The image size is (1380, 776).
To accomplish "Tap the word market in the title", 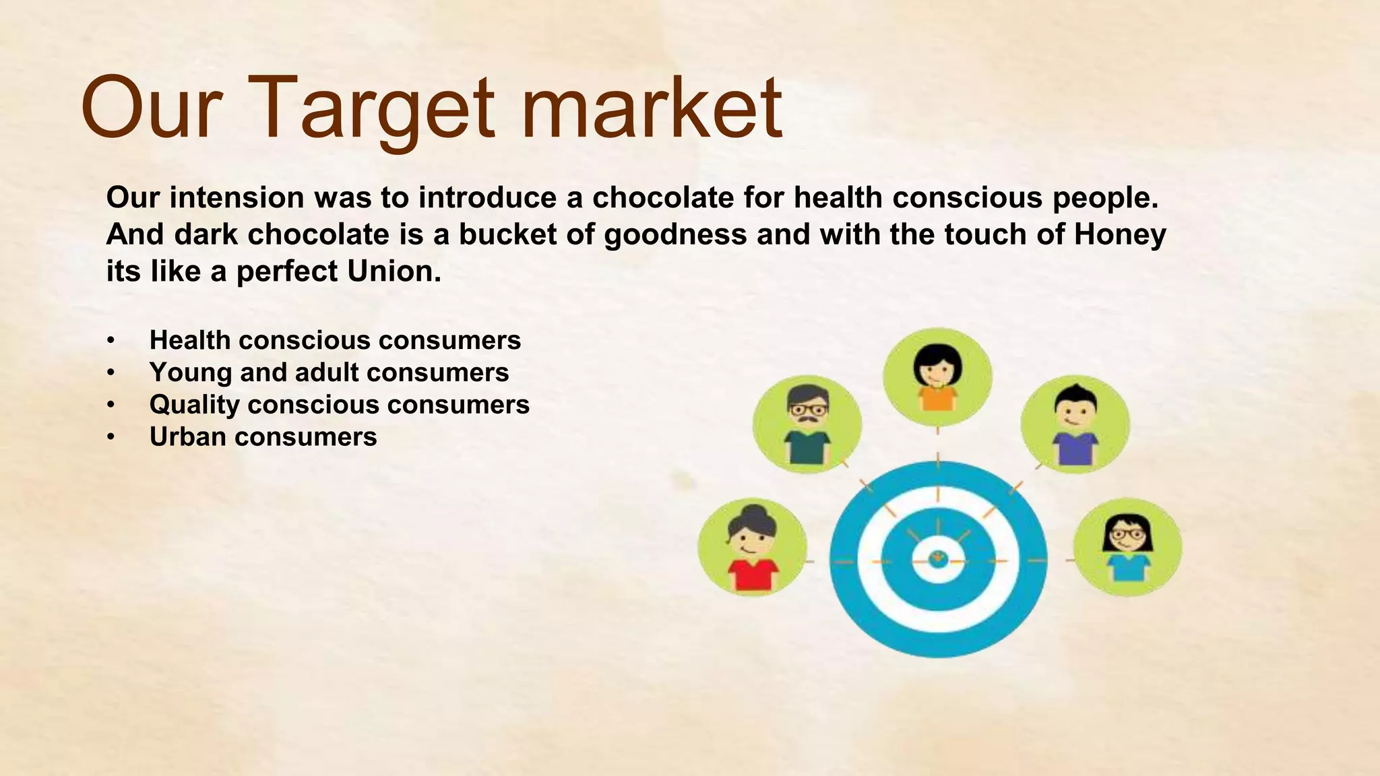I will pyautogui.click(x=651, y=108).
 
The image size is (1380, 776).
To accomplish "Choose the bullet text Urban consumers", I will pyautogui.click(x=263, y=437).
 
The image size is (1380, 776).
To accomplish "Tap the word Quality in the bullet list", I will pyautogui.click(x=194, y=404).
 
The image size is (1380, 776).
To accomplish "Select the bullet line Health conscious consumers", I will pyautogui.click(x=335, y=340).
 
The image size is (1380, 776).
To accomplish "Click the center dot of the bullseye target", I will pyautogui.click(x=938, y=558).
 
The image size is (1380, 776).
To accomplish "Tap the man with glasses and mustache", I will pyautogui.click(x=807, y=424).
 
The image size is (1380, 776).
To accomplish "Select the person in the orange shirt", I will pyautogui.click(x=937, y=378).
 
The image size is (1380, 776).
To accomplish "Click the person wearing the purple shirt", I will pyautogui.click(x=1075, y=424).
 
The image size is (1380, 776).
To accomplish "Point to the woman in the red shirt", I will pyautogui.click(x=752, y=547).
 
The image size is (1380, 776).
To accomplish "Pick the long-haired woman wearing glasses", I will pyautogui.click(x=1127, y=547).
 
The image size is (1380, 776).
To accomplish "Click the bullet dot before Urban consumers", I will pyautogui.click(x=111, y=437).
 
